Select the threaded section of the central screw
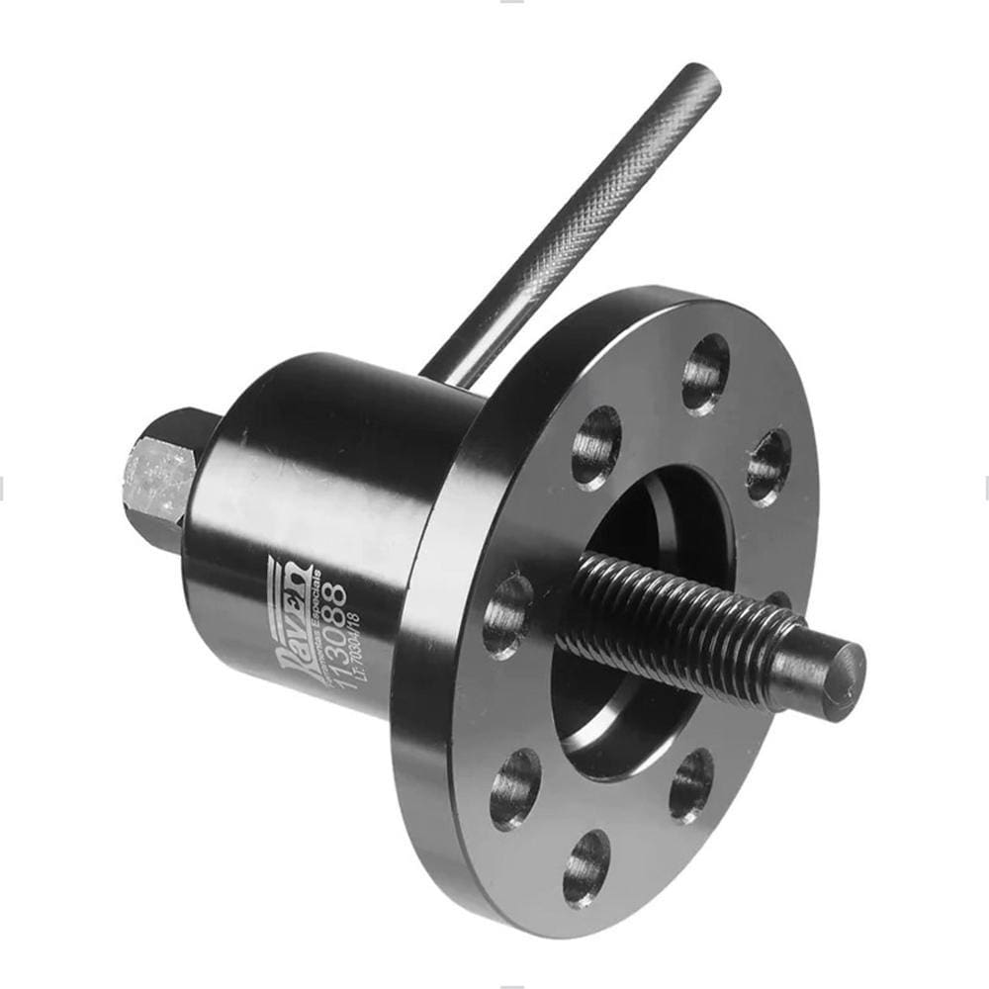pos(673,623)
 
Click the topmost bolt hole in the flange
pos(705,373)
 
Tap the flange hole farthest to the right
pos(769,465)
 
